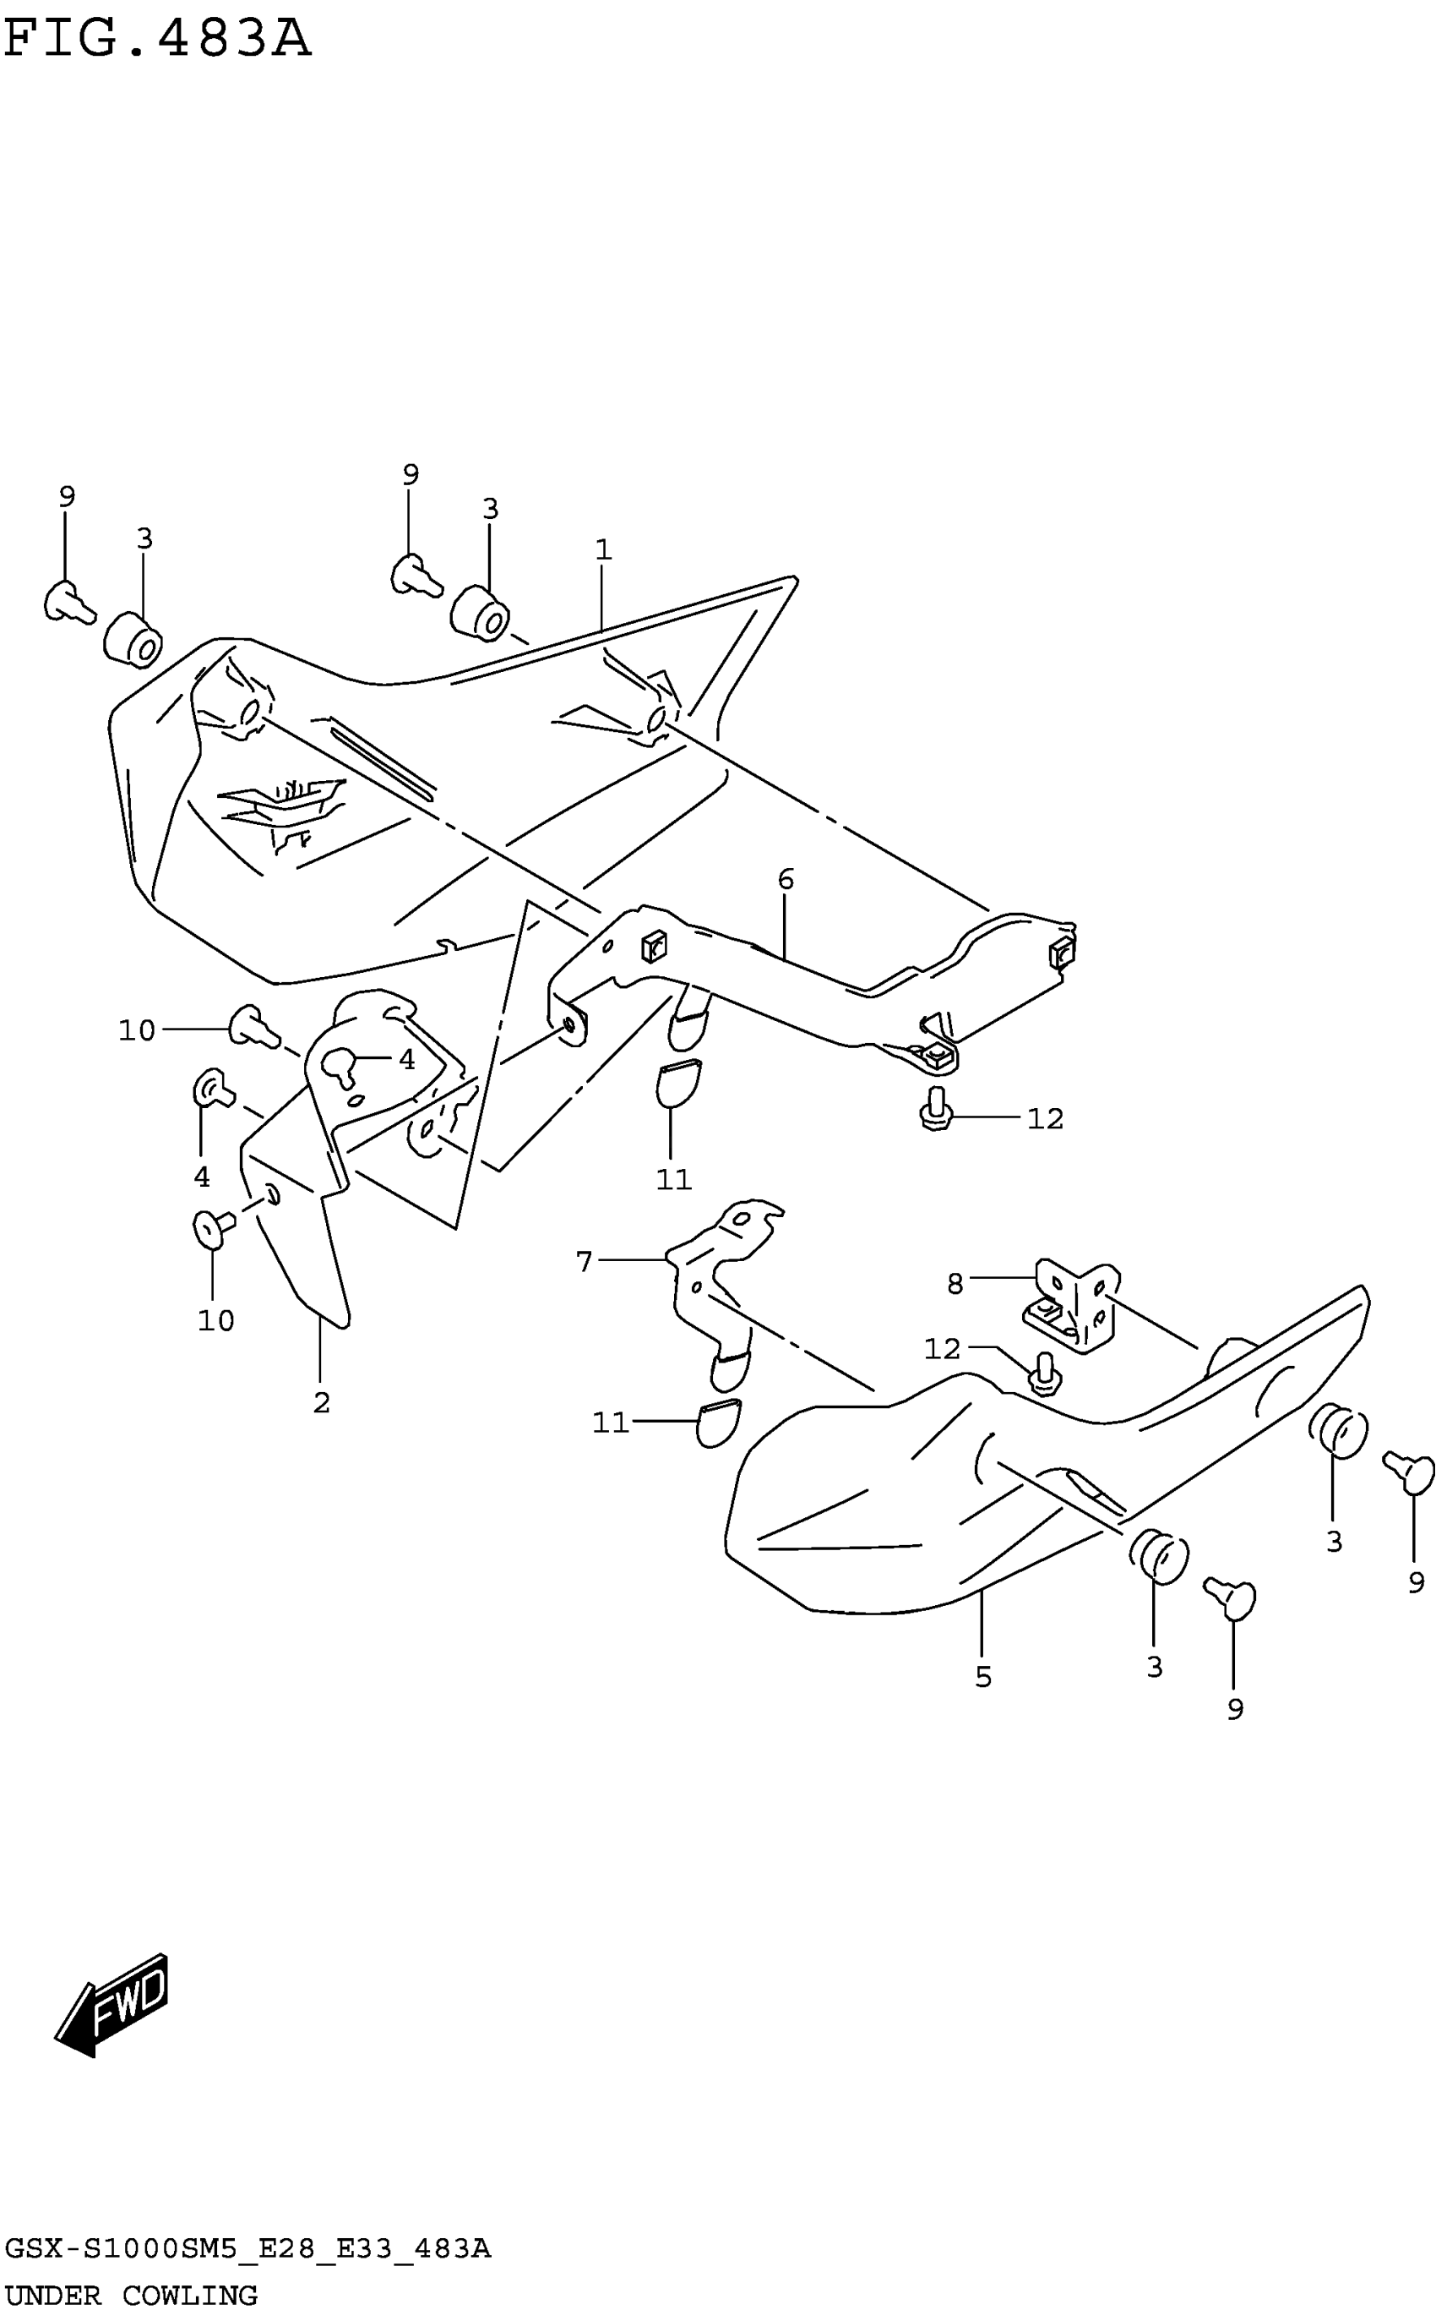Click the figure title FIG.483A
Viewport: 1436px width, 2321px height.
[158, 40]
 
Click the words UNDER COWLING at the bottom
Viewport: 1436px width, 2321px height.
[131, 2296]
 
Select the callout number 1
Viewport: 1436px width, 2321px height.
[603, 550]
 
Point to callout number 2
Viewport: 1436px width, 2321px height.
[321, 1402]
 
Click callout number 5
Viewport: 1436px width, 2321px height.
[983, 1677]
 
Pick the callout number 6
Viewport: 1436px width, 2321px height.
[786, 880]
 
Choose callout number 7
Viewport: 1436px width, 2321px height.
[584, 1262]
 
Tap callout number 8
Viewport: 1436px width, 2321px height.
[955, 1285]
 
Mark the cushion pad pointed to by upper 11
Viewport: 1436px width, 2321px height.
[678, 1082]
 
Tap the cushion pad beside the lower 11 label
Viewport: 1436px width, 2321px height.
[717, 1422]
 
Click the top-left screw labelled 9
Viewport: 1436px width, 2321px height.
[68, 603]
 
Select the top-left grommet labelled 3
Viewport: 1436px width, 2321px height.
[133, 641]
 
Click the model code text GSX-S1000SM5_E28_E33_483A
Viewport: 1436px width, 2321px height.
[247, 2249]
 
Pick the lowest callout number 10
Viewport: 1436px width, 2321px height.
[215, 1319]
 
